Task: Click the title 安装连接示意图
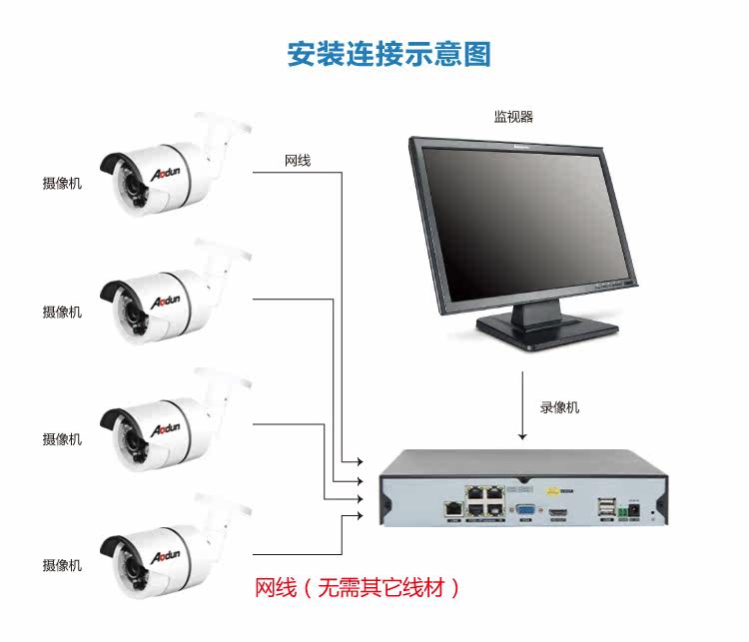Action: [389, 53]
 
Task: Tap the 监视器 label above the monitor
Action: [513, 117]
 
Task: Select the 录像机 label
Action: [559, 407]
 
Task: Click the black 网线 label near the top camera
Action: [298, 161]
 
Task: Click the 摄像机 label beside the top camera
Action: [62, 184]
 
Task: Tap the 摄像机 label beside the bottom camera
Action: [62, 566]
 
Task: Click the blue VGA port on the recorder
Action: [521, 509]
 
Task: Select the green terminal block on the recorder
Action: [628, 510]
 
